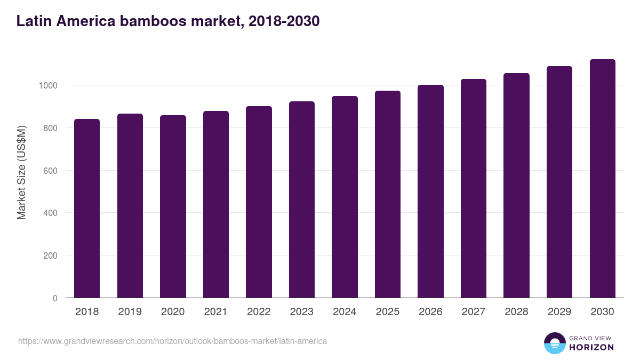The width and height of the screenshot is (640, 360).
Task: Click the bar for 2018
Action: point(87,208)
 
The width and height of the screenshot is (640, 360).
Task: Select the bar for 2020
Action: point(173,206)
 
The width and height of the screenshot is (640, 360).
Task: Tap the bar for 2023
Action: point(302,199)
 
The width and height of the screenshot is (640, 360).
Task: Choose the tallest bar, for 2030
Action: point(602,178)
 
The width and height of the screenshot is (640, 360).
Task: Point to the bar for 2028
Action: point(516,185)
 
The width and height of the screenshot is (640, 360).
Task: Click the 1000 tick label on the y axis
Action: point(47,85)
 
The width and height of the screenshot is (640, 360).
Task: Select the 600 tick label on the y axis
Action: point(51,171)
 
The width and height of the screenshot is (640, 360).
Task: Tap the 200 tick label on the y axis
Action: point(51,255)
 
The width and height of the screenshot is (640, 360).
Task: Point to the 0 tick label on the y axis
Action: point(55,298)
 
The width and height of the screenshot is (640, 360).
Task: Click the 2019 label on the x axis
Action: point(130,312)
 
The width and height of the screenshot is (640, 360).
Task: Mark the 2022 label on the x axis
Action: point(259,312)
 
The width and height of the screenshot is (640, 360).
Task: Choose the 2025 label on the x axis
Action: point(387,312)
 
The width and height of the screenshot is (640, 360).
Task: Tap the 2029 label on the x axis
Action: point(559,312)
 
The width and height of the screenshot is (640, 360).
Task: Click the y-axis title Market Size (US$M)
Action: point(21,172)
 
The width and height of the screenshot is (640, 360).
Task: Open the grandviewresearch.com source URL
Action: point(172,341)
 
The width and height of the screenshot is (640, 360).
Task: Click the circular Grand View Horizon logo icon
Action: point(554,343)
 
